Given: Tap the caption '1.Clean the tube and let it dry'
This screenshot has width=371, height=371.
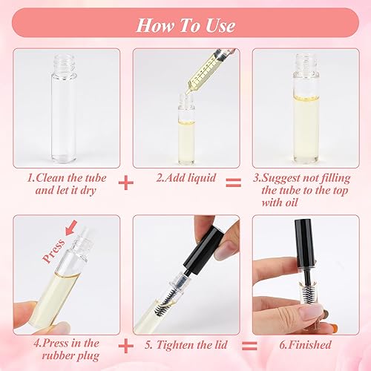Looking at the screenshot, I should (67, 185).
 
